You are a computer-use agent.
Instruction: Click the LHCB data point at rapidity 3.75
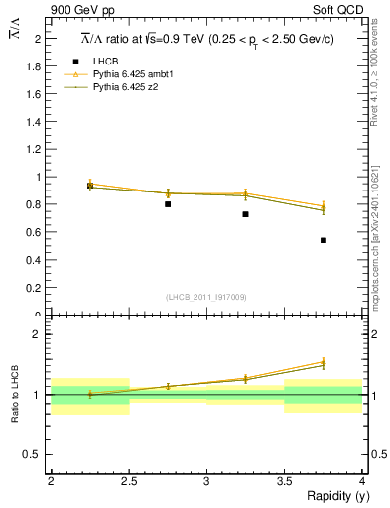[x=324, y=240]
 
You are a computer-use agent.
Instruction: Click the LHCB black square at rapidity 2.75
[x=168, y=204]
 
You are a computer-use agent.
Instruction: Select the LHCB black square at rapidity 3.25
[x=245, y=214]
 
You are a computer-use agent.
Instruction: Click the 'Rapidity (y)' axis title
[x=331, y=496]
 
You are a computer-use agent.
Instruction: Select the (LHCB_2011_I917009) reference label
[x=205, y=297]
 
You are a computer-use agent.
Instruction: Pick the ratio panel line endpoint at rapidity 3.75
[x=324, y=363]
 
